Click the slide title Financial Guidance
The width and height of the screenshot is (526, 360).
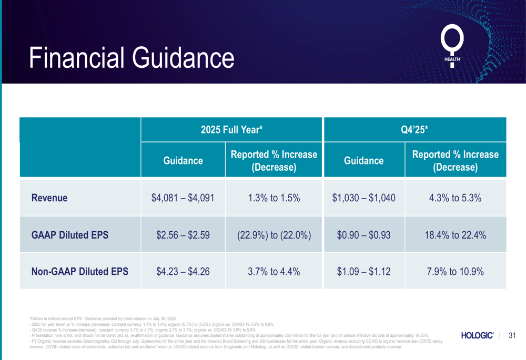point(131,58)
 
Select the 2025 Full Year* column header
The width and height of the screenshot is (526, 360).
point(231,130)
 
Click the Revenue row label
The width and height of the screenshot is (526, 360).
point(49,198)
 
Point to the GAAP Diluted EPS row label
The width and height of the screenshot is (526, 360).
point(70,235)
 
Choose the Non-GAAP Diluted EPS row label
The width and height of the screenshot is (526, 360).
point(80,272)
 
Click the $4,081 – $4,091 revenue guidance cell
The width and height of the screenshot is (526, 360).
point(183,198)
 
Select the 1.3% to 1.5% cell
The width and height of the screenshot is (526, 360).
point(274,198)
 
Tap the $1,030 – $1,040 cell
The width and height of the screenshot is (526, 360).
point(363,198)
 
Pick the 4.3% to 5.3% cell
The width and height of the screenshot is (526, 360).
point(455,198)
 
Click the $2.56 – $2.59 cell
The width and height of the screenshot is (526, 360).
point(183,235)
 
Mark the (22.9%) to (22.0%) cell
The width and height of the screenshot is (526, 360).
point(274,235)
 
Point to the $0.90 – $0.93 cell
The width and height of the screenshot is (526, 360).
point(363,235)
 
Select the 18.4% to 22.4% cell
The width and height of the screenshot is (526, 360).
point(455,235)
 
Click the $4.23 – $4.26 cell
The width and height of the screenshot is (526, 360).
point(183,272)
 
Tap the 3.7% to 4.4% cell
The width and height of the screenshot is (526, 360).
point(274,272)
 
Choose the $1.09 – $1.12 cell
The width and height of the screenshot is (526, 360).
point(363,272)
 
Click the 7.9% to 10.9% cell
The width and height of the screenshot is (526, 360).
point(455,272)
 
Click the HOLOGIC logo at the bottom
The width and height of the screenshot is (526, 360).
point(477,335)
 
